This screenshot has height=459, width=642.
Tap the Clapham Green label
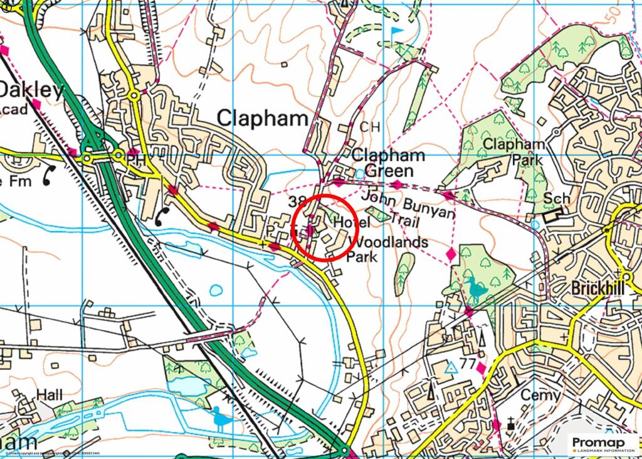coord(388,163)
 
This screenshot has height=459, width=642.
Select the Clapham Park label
coord(513,152)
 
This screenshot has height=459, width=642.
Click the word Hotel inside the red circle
coord(347,222)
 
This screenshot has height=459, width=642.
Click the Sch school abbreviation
coord(557,199)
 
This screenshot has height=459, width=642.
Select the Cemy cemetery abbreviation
coord(540,396)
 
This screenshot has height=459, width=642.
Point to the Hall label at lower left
coord(50,395)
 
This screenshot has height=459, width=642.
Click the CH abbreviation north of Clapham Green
coord(370,127)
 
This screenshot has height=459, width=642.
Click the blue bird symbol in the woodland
coord(477,289)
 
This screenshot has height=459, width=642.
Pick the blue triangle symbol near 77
coord(450,369)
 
